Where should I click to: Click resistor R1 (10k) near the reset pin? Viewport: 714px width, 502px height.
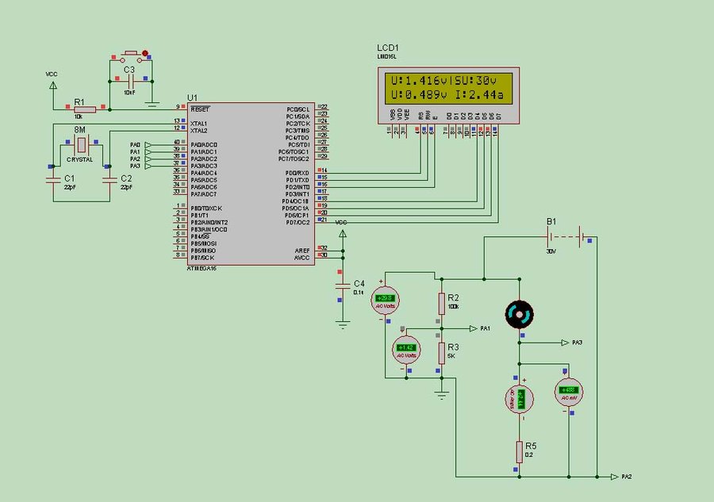click(85, 110)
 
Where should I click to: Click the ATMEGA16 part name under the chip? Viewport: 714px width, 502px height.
click(202, 269)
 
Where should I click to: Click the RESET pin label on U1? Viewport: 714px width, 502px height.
click(200, 108)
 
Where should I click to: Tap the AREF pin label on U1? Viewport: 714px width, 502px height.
click(301, 249)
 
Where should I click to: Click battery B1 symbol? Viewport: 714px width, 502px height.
click(566, 236)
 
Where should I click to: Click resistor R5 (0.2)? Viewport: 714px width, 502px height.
click(519, 452)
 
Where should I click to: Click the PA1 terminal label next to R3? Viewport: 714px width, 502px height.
click(485, 328)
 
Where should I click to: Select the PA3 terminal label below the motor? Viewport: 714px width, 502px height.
click(577, 343)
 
